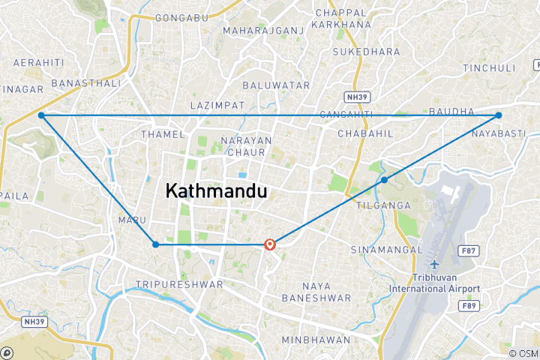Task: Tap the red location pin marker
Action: coord(271,244)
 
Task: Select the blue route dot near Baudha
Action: coord(498,115)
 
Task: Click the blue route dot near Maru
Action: coord(155,244)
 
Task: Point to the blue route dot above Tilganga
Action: coord(384,180)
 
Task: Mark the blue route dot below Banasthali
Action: coord(41,115)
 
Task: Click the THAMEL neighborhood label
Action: coord(163,134)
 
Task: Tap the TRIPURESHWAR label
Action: coord(179,285)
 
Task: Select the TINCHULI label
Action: coord(490,68)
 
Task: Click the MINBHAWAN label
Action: coord(316,340)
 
